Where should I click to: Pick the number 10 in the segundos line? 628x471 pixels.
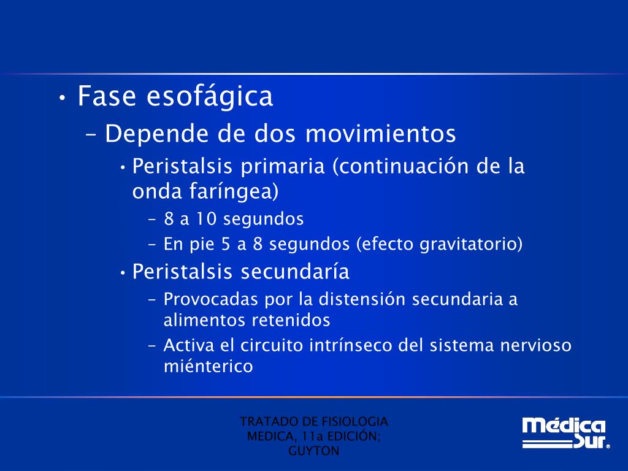[204, 219]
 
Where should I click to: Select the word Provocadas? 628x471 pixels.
[210, 300]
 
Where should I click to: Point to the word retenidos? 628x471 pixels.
[291, 320]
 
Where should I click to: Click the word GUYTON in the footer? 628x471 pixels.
[313, 451]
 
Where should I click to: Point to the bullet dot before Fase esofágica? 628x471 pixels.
[63, 98]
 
